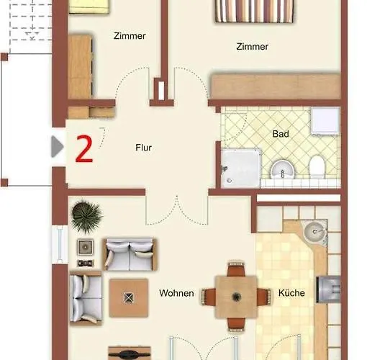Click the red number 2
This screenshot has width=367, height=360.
(84, 149)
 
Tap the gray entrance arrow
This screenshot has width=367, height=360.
(58, 147)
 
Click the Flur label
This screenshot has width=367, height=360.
(143, 148)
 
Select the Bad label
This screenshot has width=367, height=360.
(281, 134)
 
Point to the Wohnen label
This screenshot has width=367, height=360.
(176, 293)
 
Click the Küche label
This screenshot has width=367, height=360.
(291, 293)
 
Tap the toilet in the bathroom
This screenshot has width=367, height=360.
(317, 166)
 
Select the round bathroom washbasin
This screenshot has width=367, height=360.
(283, 169)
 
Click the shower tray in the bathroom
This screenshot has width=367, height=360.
(240, 168)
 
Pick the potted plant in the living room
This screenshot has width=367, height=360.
(86, 216)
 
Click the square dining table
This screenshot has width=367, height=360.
(236, 297)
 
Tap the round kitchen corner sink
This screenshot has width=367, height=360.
(315, 231)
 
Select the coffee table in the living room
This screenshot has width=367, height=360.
(129, 298)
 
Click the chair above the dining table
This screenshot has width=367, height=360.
(236, 269)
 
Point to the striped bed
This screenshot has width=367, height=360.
(254, 11)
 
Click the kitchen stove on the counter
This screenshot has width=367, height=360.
(328, 289)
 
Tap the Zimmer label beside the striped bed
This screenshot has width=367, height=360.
(252, 46)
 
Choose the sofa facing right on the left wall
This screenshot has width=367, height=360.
(86, 298)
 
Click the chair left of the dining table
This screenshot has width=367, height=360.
(209, 297)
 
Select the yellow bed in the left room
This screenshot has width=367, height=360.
(89, 6)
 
